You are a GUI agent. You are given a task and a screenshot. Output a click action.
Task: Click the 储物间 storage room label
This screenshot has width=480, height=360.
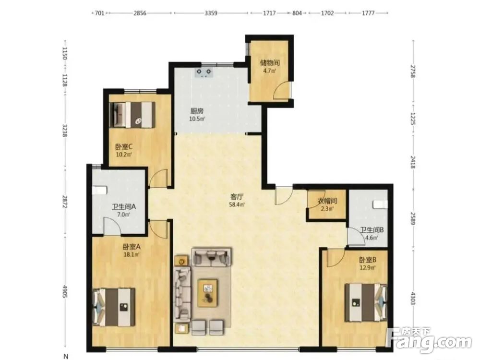click(270, 63)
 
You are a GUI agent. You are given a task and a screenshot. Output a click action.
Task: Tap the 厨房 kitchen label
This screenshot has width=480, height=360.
click(196, 111)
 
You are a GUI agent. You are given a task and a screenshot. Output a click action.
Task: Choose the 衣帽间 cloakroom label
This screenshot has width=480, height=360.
click(327, 201)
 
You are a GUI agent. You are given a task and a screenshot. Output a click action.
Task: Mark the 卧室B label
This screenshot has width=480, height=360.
click(368, 260)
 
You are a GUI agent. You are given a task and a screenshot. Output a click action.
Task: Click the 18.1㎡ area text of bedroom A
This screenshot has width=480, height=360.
click(132, 254)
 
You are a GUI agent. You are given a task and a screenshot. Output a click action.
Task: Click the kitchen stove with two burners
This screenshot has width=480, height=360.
click(204, 72)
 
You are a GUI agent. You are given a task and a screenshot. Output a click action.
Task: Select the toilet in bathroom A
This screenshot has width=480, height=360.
click(99, 190)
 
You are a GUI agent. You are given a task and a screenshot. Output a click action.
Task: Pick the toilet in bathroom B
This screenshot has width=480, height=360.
click(380, 204)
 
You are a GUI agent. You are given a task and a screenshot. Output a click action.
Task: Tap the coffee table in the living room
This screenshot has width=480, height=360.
click(208, 293)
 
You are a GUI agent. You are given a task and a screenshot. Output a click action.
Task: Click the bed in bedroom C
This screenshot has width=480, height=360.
click(132, 115)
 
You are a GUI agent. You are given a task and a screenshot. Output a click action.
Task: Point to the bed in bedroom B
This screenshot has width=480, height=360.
click(366, 302)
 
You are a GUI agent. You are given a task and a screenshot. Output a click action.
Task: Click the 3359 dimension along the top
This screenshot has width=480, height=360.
click(211, 13)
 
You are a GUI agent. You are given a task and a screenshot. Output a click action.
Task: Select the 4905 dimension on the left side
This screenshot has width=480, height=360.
click(65, 291)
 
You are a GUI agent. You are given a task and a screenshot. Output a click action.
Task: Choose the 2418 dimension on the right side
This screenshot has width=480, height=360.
click(413, 162)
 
